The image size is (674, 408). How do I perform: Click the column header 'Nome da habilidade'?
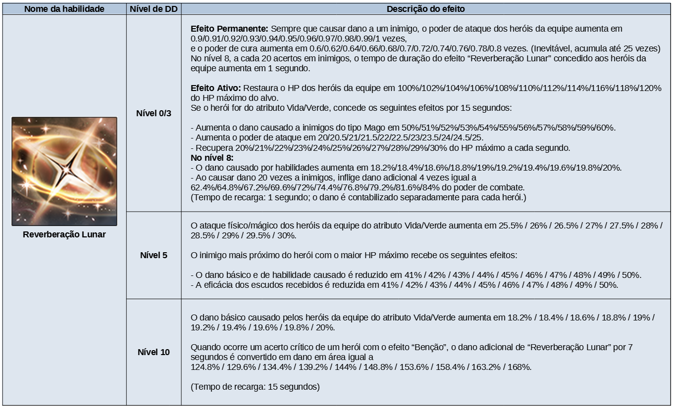(64, 9)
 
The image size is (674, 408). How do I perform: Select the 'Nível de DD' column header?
(154, 9)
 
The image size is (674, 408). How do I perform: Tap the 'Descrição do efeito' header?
(425, 9)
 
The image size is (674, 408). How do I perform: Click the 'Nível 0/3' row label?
(154, 113)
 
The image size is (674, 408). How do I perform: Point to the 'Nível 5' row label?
(154, 255)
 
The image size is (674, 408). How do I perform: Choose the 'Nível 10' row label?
(154, 352)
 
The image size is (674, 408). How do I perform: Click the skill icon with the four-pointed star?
(64, 171)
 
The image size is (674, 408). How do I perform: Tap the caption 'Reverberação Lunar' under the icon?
(64, 234)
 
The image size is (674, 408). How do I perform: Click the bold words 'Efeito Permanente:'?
(230, 29)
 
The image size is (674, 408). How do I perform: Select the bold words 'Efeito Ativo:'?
(216, 88)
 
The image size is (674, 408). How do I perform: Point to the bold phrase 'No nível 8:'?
(212, 158)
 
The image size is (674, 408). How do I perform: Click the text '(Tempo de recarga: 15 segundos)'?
(255, 387)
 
